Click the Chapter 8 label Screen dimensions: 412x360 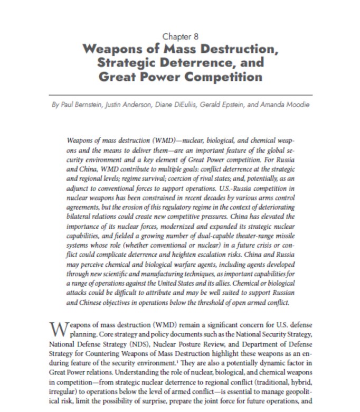click(181, 36)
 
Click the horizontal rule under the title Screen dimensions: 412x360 click(180, 95)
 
